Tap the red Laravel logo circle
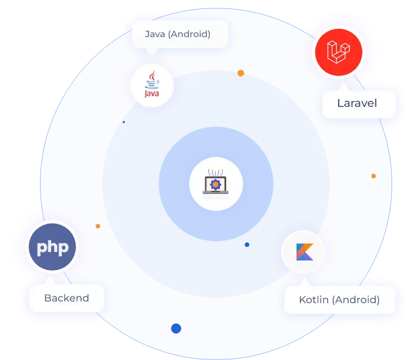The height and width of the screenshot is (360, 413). point(339,52)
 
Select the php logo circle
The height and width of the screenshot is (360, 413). point(52,247)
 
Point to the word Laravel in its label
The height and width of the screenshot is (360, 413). point(357,103)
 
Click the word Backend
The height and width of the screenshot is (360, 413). point(66,298)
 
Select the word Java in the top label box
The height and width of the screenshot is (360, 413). point(155,34)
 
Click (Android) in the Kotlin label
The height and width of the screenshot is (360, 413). point(356,299)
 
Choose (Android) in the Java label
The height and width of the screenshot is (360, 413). point(189,34)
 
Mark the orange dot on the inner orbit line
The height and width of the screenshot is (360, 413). point(241,73)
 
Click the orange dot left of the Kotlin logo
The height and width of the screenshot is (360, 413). point(98,226)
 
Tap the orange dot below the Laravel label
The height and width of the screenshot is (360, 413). point(373,176)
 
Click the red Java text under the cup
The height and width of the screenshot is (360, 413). point(152,94)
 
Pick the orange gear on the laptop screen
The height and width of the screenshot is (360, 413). point(216,183)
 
